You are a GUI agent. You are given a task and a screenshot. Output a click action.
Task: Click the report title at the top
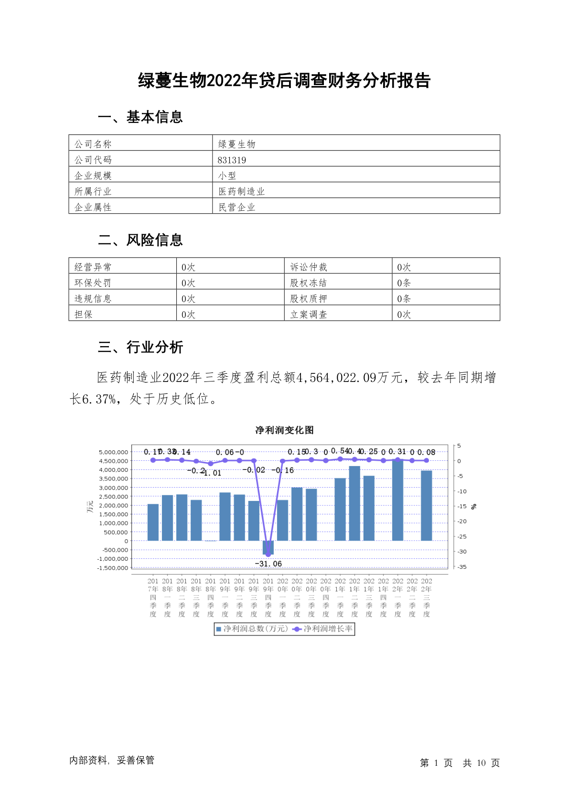tap(284, 81)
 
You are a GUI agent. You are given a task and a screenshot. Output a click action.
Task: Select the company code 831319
tap(232, 160)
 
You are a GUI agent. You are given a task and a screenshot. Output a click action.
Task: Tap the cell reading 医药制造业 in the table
tap(241, 192)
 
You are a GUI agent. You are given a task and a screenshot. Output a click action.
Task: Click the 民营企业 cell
tap(237, 207)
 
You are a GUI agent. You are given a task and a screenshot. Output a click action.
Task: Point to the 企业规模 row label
tap(93, 176)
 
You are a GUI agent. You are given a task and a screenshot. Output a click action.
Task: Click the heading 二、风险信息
tap(140, 240)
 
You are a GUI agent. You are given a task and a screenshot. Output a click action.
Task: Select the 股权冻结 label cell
tap(309, 283)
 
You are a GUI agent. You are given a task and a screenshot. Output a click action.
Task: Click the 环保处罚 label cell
tap(93, 283)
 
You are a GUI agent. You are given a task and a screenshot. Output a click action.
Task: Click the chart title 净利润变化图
tap(284, 430)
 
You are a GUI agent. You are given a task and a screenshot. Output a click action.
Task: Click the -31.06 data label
tap(268, 564)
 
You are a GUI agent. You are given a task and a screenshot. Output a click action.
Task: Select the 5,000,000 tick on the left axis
tap(113, 452)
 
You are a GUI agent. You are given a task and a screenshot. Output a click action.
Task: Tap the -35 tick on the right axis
tap(462, 567)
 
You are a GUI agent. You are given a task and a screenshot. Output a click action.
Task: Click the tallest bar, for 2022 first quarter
tap(397, 500)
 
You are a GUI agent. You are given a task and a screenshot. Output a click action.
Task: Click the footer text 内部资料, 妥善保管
tap(112, 760)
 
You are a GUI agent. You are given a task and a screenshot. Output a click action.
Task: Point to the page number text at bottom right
tap(460, 763)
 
